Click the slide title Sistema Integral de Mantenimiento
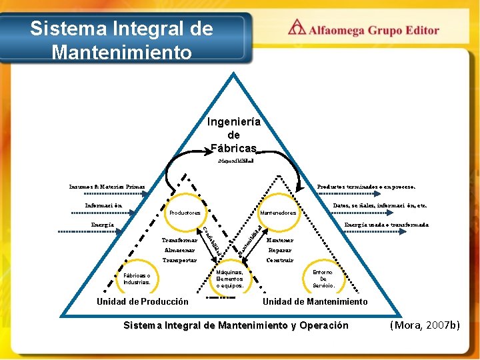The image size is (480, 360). [x=121, y=40]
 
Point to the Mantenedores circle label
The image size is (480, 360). [x=278, y=213]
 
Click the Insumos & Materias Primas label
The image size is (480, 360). [x=107, y=186]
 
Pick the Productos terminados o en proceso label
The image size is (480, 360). [x=366, y=187]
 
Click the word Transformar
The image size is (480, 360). [x=179, y=240]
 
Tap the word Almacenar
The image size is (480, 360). [x=180, y=250]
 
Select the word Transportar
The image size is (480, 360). [x=179, y=260]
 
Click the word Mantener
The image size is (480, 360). [x=279, y=240]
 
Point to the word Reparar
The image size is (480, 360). [x=279, y=250]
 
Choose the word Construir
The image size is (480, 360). [x=279, y=260]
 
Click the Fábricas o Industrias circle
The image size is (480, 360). [x=137, y=279]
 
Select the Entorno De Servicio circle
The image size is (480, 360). [x=323, y=279]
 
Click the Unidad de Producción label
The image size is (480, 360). [x=143, y=302]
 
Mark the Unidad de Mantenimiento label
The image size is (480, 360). [x=315, y=302]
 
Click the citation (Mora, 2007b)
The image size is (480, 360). [x=425, y=325]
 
